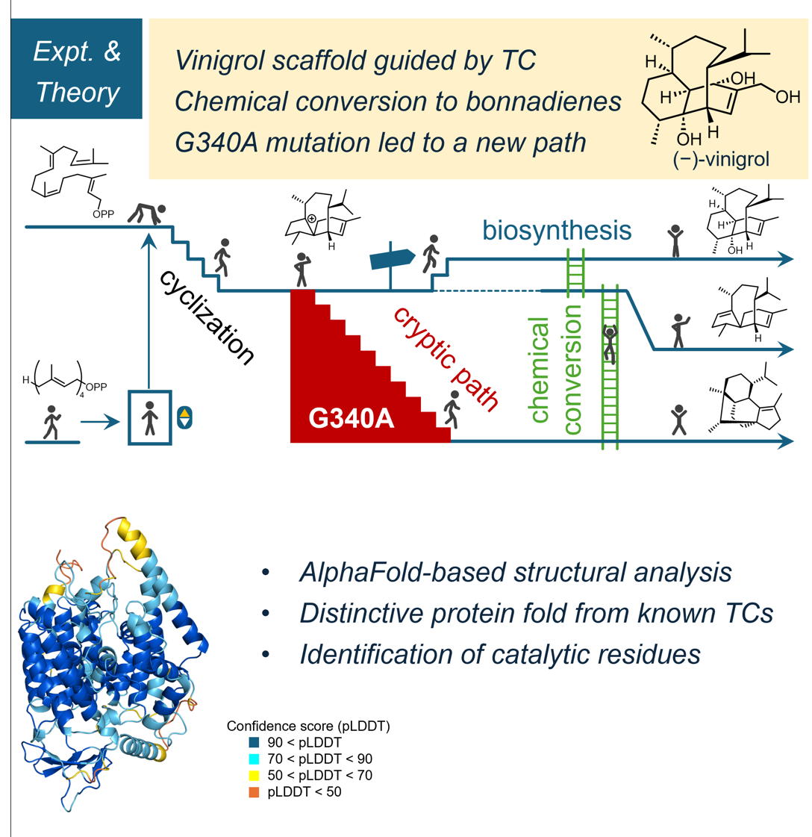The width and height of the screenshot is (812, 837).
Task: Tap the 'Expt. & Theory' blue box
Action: click(77, 73)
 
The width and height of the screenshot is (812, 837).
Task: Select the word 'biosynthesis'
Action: click(556, 229)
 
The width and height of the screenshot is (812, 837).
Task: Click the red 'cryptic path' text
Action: click(446, 358)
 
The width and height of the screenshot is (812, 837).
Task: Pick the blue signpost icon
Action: click(392, 258)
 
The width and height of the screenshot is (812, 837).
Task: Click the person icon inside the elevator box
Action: click(150, 417)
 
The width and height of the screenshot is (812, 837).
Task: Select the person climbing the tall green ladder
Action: click(611, 343)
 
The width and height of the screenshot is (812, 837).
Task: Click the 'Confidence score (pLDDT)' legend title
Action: click(309, 726)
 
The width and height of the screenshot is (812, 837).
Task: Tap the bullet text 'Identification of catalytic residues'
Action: click(499, 654)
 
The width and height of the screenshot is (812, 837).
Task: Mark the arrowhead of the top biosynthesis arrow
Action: click(785, 259)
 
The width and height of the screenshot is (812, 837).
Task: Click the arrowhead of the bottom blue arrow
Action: click(785, 442)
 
